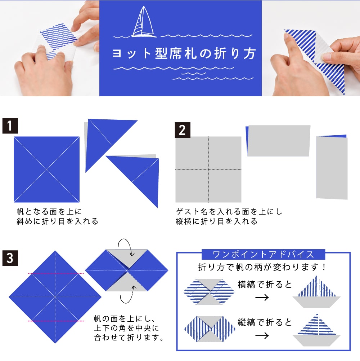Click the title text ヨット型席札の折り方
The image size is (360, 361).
[x=184, y=53]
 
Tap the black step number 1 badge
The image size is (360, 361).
[x=10, y=126]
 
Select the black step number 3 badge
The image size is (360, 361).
[x=10, y=258]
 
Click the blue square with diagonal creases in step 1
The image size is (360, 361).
[x=46, y=170]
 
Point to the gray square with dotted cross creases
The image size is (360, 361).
[x=208, y=169]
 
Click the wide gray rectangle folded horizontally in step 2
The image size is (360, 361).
[x=279, y=141]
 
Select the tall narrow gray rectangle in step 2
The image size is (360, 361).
[x=332, y=168]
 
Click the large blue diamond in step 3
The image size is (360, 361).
[x=55, y=297]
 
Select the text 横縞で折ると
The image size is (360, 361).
[x=265, y=285]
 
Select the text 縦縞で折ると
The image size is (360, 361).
[x=265, y=322]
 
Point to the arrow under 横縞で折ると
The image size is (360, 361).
[x=262, y=298]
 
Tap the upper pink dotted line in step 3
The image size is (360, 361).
[x=55, y=274]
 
